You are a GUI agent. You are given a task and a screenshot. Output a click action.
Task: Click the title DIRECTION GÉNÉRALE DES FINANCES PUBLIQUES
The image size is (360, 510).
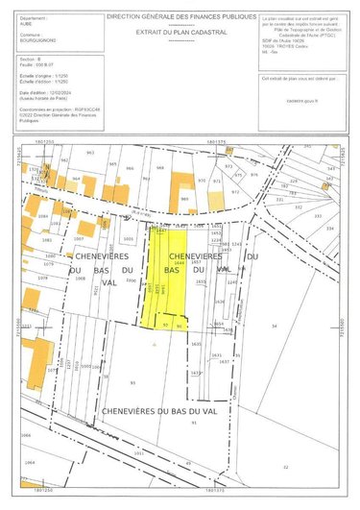180,17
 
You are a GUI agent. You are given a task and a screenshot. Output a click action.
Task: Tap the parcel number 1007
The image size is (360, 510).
79,237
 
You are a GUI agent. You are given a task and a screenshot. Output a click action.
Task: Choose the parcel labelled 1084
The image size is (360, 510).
43,217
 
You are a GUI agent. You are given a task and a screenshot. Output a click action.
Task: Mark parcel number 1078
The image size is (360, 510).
42,278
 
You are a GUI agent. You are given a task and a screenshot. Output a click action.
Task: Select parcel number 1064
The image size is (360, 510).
29,462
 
